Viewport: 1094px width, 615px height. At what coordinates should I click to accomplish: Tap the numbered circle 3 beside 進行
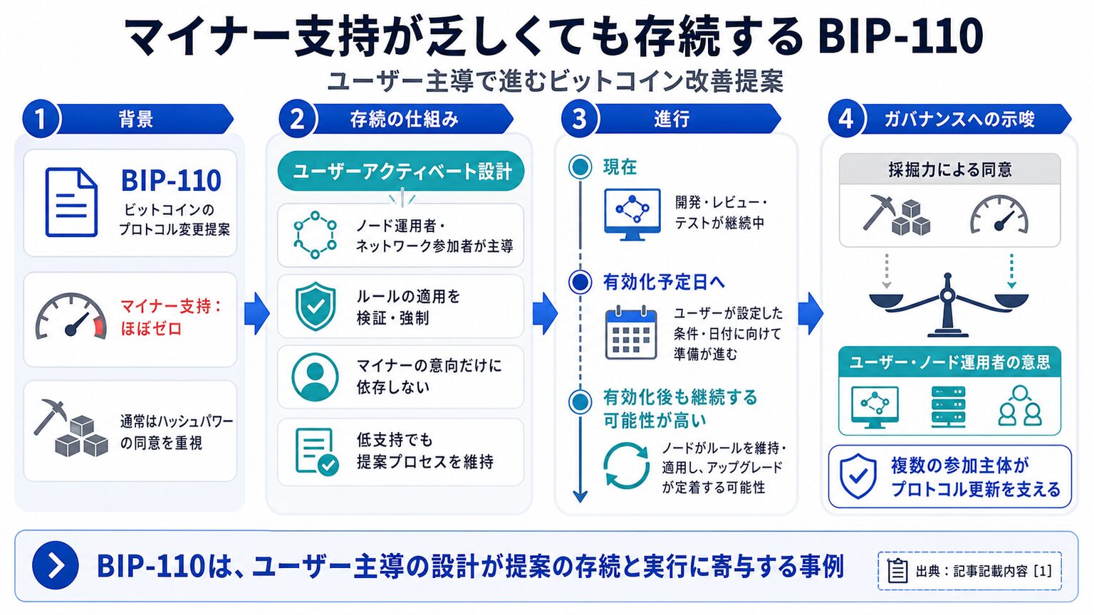point(580,119)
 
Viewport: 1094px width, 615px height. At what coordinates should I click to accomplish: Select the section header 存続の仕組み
point(404,119)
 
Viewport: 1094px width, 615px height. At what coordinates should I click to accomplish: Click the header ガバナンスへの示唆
point(959,119)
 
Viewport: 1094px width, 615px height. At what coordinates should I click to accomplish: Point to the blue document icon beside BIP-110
point(71,202)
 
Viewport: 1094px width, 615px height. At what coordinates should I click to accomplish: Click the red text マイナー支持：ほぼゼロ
point(171,317)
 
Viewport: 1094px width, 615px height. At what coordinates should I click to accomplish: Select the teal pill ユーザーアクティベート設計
point(401,171)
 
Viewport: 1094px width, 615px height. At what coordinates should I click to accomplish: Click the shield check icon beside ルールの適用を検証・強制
point(316,306)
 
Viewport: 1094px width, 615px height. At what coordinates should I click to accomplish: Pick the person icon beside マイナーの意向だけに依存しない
point(315,377)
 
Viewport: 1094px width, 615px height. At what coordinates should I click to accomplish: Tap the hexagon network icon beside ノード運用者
point(315,235)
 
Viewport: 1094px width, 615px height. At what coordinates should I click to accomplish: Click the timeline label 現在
point(620,167)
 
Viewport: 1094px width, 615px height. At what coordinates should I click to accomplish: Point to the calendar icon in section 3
point(631,332)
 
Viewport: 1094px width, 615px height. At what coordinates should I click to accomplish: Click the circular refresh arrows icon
point(626,466)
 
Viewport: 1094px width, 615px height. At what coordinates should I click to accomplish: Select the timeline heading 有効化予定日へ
point(664,282)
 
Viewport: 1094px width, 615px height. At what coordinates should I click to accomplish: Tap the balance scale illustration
point(948,305)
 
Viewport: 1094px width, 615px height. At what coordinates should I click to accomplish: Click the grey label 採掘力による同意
point(950,170)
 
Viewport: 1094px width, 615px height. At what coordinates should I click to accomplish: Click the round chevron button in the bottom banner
point(55,565)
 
